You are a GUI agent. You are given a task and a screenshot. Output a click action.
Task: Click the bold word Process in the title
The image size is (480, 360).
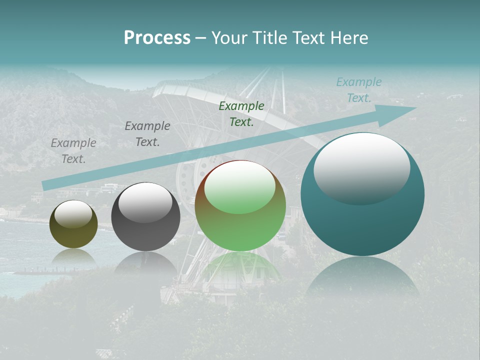pos(157,38)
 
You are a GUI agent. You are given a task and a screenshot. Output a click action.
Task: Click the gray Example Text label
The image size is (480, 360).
pos(73,150)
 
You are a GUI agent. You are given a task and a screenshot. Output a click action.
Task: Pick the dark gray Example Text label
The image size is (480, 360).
pos(147,133)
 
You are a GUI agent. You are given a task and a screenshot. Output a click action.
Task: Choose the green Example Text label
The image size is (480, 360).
pos(241,113)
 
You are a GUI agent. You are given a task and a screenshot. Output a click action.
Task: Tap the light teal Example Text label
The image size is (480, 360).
pos(359,90)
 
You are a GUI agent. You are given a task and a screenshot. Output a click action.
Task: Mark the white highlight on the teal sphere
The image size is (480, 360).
pos(361,167)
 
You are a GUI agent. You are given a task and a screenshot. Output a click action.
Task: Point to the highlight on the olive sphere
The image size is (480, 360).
pos(73,214)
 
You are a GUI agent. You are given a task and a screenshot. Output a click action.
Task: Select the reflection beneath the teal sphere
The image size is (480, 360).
pos(362,277)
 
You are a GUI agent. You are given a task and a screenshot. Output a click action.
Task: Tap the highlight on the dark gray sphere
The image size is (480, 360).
pos(145,202)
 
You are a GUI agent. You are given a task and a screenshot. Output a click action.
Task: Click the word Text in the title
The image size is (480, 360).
pos(306,38)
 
